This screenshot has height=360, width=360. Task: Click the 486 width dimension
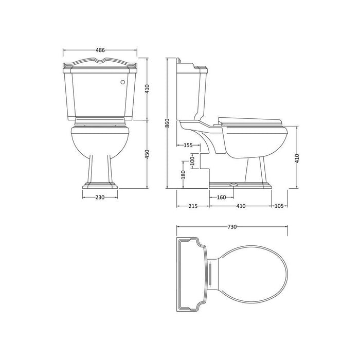click(100, 50)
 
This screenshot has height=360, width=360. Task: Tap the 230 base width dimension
click(100, 197)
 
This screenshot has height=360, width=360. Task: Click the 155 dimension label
click(188, 146)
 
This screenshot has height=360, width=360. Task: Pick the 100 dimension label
click(192, 160)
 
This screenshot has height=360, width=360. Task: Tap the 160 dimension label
click(222, 197)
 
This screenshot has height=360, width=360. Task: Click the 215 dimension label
click(192, 206)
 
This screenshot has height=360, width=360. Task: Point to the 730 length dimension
click(232, 227)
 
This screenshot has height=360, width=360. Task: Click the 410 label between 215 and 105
click(240, 206)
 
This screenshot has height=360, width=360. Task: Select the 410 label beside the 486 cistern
click(147, 88)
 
